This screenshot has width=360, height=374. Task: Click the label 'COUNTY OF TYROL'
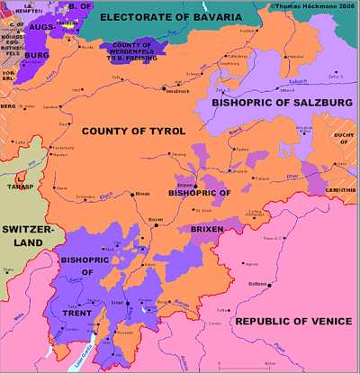click(x=133, y=132)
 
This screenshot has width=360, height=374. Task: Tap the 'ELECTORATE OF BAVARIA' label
click(x=170, y=18)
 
